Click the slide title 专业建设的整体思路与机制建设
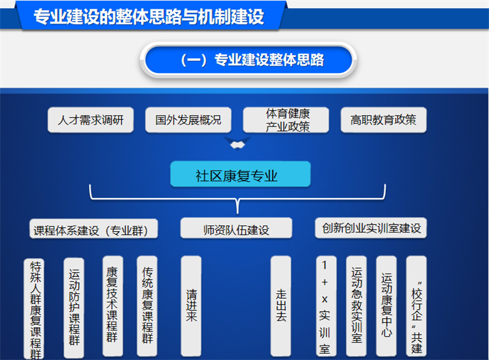[x=149, y=17]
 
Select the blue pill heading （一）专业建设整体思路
[x=249, y=59]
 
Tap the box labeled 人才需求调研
[x=91, y=120]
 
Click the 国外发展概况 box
[x=188, y=120]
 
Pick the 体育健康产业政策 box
[x=286, y=120]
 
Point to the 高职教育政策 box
[x=384, y=120]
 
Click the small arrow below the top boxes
[x=238, y=144]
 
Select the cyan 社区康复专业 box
[x=240, y=174]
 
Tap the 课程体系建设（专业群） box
[x=93, y=229]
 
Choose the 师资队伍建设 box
[x=236, y=228]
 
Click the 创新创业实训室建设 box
[x=371, y=228]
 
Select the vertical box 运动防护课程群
[x=74, y=308]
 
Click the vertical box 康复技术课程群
[x=113, y=306]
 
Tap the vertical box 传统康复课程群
[x=147, y=306]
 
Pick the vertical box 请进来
[x=191, y=306]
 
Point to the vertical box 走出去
[x=280, y=306]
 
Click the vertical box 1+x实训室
[x=326, y=306]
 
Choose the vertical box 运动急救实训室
[x=357, y=306]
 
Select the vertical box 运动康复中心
[x=386, y=306]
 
